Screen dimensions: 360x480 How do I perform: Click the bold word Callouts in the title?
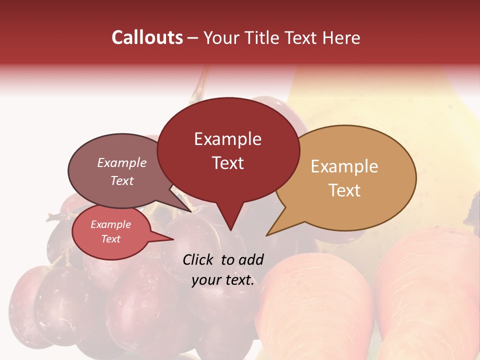(x=147, y=37)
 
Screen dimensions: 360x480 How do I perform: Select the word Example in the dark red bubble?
(x=227, y=139)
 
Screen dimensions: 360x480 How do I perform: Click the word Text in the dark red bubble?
(x=227, y=163)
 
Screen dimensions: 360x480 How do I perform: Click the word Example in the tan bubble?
(x=344, y=166)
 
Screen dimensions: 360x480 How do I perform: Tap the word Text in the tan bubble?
(x=344, y=190)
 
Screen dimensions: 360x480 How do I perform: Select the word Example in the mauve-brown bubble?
(x=122, y=162)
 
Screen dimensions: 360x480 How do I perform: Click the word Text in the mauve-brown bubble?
(x=122, y=180)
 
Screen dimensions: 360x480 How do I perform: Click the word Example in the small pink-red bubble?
(x=111, y=224)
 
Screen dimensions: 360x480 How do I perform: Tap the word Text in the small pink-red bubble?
(x=111, y=239)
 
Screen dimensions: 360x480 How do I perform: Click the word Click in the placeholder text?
(x=199, y=259)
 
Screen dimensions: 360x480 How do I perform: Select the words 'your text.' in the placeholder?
(x=223, y=280)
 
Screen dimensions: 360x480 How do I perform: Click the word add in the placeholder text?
(x=251, y=259)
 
